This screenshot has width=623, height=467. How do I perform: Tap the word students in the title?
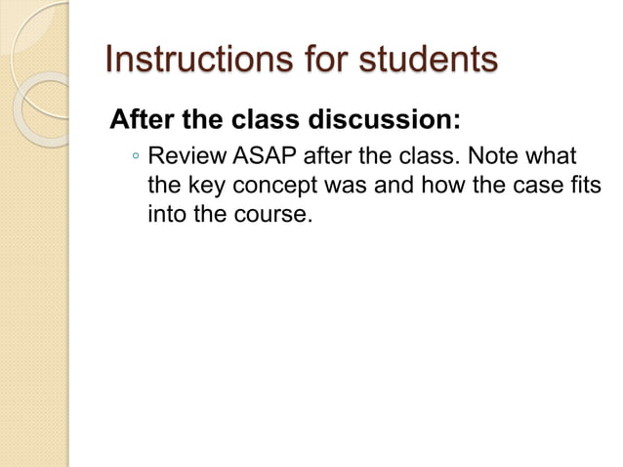click(x=422, y=60)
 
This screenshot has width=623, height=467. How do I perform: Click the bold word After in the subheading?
click(x=144, y=122)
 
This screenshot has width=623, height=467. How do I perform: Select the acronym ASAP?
click(x=261, y=157)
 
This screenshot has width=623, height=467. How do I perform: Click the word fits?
click(x=584, y=186)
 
